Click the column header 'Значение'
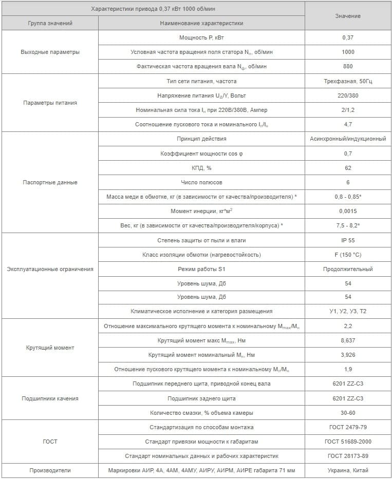tap(348, 16)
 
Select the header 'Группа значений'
tap(50, 23)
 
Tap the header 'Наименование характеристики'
tap(201, 23)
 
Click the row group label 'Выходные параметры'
tap(50, 52)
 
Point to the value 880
tap(348, 66)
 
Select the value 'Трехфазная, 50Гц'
tap(348, 81)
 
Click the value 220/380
tap(348, 95)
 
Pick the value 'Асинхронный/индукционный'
tap(348, 139)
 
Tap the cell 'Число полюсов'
tap(201, 182)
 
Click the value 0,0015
tap(348, 211)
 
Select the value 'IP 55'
tap(348, 240)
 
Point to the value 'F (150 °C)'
tap(348, 255)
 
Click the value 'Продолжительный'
tap(348, 269)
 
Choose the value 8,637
tap(348, 340)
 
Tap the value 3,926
tap(348, 355)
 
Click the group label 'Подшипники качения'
tap(50, 398)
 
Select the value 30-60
tap(348, 413)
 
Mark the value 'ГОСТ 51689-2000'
tap(348, 442)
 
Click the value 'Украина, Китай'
tap(348, 470)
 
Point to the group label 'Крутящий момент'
tap(50, 348)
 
